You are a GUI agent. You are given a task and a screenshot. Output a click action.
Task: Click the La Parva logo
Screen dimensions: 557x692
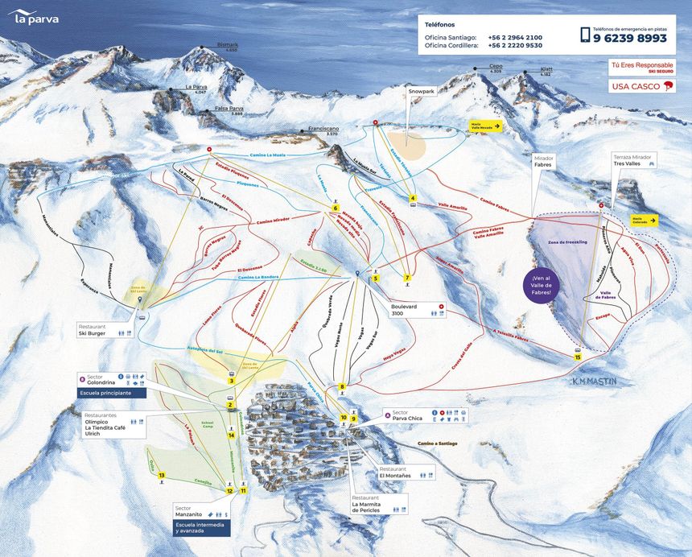tap(34, 17)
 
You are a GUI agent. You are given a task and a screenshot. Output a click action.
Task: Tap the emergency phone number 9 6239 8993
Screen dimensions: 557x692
tap(630, 38)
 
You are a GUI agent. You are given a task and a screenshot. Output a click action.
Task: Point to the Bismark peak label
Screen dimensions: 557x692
tap(228, 47)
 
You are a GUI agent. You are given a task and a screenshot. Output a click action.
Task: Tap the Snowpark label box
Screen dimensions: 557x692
tap(421, 92)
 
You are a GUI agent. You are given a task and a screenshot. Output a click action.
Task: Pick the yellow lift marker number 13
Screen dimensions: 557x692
tap(162, 476)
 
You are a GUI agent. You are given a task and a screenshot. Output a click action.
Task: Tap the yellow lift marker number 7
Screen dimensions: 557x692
tap(408, 278)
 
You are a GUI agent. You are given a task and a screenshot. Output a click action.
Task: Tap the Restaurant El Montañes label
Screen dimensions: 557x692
tap(396, 472)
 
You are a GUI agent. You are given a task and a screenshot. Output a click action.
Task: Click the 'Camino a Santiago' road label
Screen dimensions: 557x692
tap(443, 444)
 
